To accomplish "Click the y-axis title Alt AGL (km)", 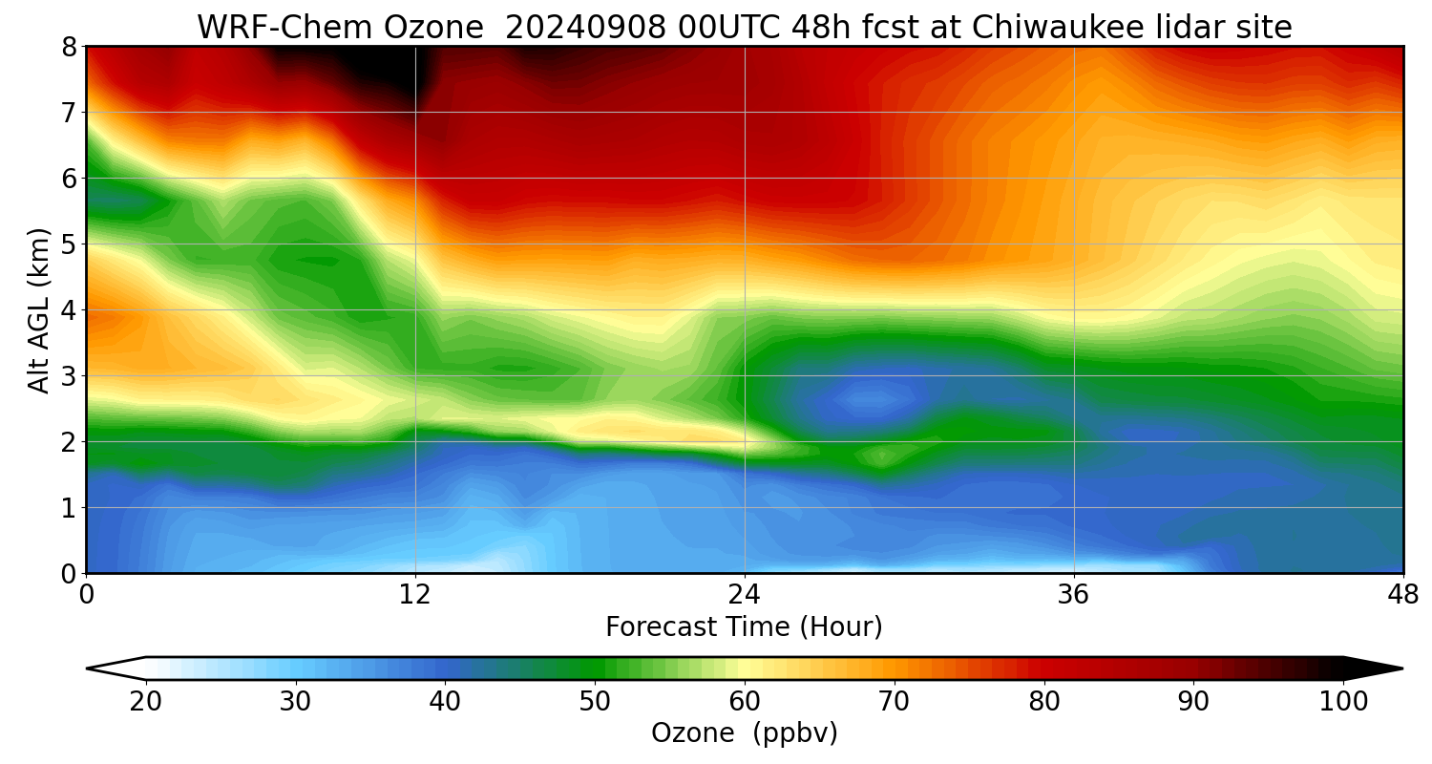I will click(39, 310).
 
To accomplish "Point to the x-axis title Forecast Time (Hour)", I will click(744, 627).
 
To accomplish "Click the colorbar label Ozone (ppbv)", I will click(744, 732).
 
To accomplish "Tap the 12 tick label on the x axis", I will click(415, 595).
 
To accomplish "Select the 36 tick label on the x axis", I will click(1074, 595).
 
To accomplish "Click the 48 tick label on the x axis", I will click(1402, 595).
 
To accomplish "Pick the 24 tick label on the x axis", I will click(745, 595).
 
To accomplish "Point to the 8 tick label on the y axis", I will click(69, 47).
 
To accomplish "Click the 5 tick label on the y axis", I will click(69, 244).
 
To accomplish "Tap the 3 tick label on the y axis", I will click(69, 376).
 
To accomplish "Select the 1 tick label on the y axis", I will click(69, 508).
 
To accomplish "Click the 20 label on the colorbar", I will click(146, 702).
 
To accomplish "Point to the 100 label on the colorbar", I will click(1342, 702).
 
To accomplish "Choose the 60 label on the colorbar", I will click(745, 702).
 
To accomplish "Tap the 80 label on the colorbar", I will click(1044, 702).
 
